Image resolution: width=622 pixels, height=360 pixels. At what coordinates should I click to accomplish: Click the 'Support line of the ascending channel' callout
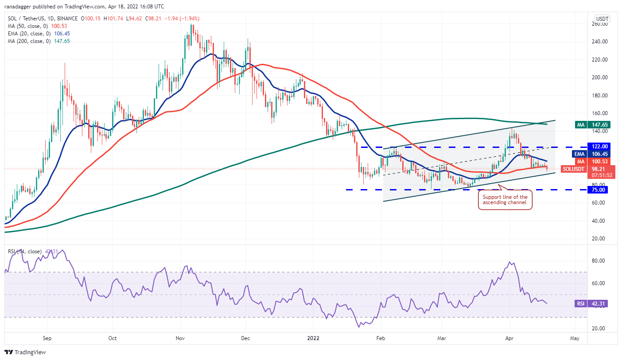(505, 200)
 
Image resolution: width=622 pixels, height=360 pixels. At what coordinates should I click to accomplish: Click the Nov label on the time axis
(180, 338)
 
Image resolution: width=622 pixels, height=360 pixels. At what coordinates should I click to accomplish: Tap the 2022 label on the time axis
(313, 338)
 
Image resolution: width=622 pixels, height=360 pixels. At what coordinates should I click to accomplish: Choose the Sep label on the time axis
(47, 338)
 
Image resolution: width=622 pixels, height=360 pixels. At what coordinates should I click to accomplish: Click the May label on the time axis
(575, 338)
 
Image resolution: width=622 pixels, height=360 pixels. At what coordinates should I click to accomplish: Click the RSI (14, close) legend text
(24, 252)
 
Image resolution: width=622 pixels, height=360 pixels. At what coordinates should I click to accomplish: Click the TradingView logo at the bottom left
(25, 352)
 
